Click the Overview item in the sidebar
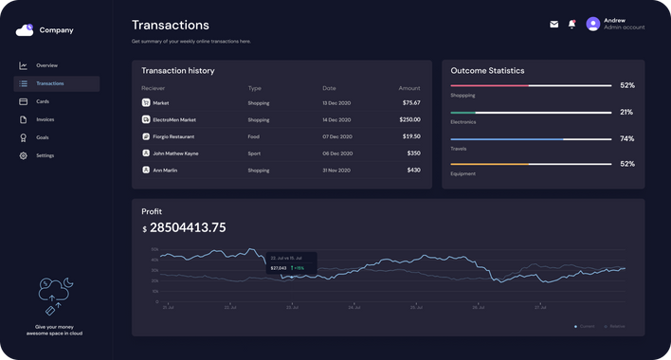tap(46, 65)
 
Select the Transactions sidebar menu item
tap(49, 83)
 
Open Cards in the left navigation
tap(43, 101)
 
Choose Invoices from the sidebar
tap(45, 119)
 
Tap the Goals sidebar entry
tap(43, 137)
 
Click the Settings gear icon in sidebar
tap(24, 155)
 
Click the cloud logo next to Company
tap(25, 30)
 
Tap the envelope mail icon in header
tap(554, 25)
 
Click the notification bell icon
tap(571, 25)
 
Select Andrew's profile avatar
tap(593, 25)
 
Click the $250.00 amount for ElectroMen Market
tap(409, 120)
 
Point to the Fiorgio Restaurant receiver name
tap(174, 136)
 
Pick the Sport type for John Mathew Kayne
tap(254, 153)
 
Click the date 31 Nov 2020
tap(336, 171)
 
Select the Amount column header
tap(408, 88)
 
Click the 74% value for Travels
tap(626, 138)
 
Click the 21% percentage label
tap(626, 112)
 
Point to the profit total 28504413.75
tap(189, 227)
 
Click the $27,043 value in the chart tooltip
tap(279, 268)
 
